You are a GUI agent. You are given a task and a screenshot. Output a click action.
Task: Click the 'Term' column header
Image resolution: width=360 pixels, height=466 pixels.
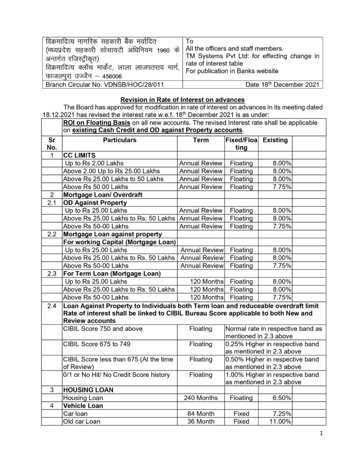[200, 140]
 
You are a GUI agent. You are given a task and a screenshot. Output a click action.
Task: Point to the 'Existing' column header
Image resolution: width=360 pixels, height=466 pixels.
[275, 140]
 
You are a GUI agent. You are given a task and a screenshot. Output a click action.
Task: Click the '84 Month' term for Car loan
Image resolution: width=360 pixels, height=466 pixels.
[201, 414]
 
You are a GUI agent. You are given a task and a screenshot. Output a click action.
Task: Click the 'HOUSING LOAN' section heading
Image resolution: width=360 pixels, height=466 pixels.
[88, 390]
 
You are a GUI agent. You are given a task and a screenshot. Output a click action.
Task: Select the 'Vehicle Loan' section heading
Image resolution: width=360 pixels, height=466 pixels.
[83, 405]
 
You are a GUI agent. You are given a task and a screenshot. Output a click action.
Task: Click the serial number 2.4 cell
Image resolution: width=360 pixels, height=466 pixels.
[52, 304]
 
